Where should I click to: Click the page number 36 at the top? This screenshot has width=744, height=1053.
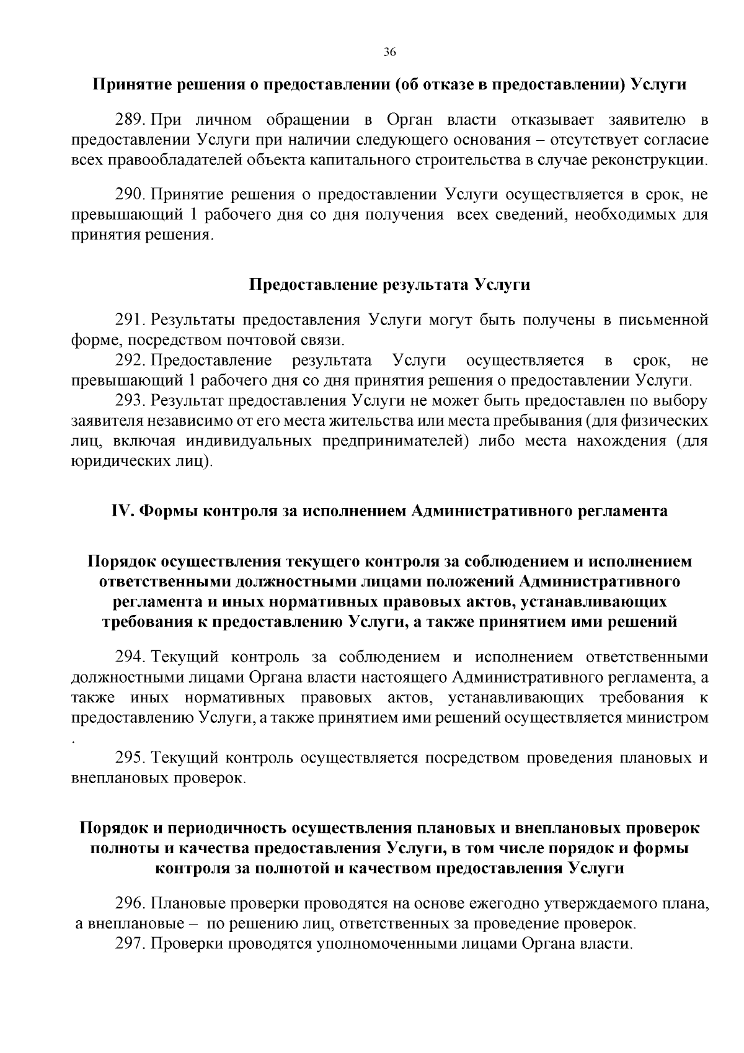[389, 52]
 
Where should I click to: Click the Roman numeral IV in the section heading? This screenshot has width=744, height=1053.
[123, 511]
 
